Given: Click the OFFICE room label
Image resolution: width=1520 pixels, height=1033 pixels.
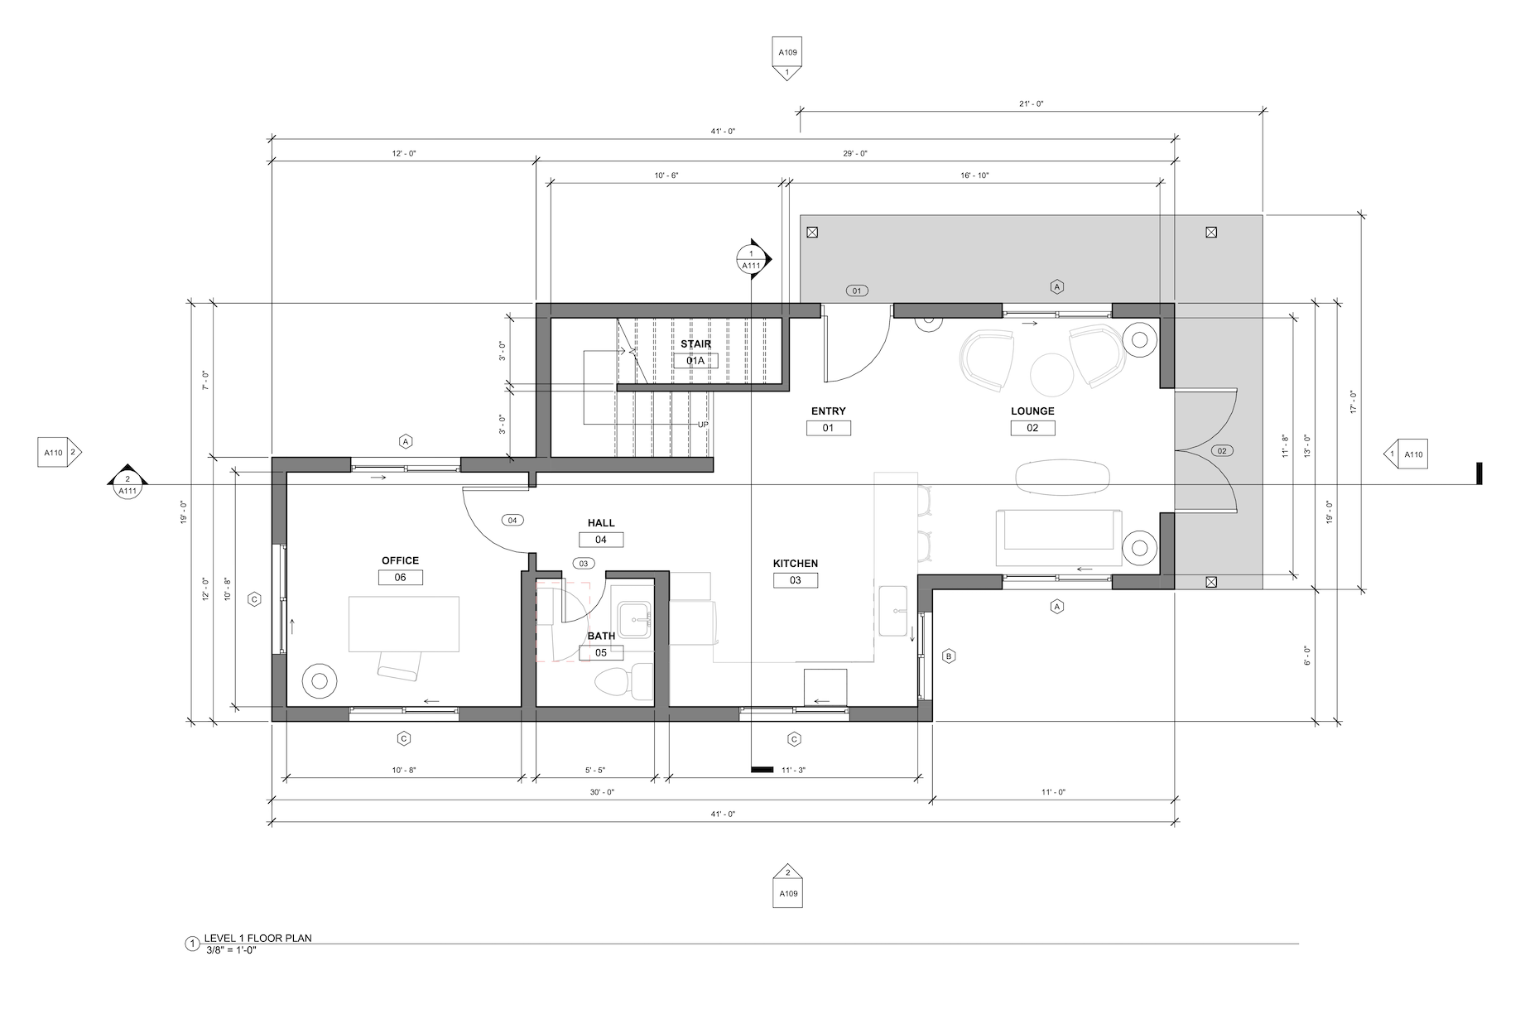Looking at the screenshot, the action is pyautogui.click(x=400, y=560).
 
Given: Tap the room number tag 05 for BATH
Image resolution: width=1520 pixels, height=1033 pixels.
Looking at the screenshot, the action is pyautogui.click(x=601, y=653).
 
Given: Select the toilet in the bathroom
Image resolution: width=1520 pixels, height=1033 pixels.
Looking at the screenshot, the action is pyautogui.click(x=613, y=680).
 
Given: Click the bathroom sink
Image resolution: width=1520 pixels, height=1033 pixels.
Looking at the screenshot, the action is pyautogui.click(x=636, y=619).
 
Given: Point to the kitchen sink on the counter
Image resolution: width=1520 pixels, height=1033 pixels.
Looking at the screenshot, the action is pyautogui.click(x=893, y=611).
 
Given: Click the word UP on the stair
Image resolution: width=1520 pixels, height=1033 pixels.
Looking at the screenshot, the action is pyautogui.click(x=703, y=425).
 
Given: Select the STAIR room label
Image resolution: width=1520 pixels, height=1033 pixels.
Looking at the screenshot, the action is pyautogui.click(x=695, y=344).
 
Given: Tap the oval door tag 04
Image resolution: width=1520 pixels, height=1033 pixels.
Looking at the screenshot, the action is pyautogui.click(x=512, y=520).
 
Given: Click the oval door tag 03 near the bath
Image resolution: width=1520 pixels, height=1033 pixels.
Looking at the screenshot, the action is pyautogui.click(x=583, y=564).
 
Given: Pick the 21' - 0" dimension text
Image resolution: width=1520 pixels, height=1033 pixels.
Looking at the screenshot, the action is pyautogui.click(x=1031, y=104).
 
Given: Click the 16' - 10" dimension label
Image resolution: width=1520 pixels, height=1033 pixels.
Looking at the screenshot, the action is pyautogui.click(x=974, y=175).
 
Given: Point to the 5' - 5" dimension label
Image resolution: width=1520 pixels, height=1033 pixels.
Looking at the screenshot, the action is pyautogui.click(x=594, y=771).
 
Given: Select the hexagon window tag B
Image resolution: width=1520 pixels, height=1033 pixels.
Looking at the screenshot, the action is pyautogui.click(x=949, y=656).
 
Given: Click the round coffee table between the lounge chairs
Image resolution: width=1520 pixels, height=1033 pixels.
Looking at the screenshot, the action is pyautogui.click(x=1052, y=375).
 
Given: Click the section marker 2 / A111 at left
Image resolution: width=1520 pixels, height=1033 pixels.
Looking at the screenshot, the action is pyautogui.click(x=127, y=481).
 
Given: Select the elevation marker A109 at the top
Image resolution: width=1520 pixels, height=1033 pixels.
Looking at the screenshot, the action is pyautogui.click(x=787, y=58).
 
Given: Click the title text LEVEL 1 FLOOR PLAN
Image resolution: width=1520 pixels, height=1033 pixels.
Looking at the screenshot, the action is pyautogui.click(x=258, y=938).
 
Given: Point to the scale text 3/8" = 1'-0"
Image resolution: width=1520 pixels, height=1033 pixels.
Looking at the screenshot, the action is pyautogui.click(x=231, y=949).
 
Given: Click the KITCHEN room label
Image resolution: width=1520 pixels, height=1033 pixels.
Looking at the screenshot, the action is pyautogui.click(x=796, y=564).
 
